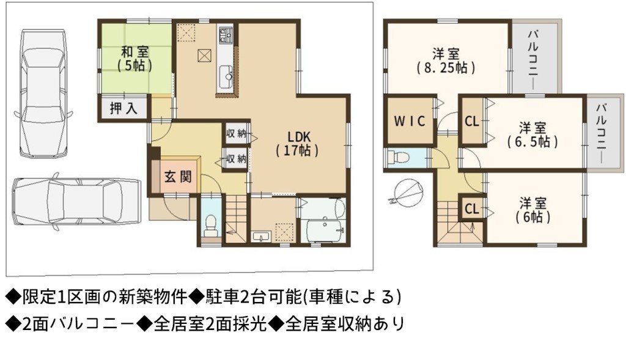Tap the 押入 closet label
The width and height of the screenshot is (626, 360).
click(x=123, y=108)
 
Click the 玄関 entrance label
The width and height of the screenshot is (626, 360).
click(x=178, y=176)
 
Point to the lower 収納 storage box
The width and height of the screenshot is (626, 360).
click(x=236, y=159)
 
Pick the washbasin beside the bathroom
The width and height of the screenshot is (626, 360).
click(x=262, y=237)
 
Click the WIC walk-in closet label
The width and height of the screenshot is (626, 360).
click(x=410, y=121)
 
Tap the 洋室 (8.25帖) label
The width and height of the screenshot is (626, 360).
click(x=446, y=61)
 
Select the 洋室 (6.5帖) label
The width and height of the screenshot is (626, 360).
click(x=532, y=135)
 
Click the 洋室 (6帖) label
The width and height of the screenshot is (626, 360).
click(x=532, y=210)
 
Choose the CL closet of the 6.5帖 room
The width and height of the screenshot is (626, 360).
click(x=472, y=120)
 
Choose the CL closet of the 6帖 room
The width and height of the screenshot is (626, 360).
click(x=472, y=208)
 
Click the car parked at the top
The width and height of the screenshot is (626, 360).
click(x=44, y=94)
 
